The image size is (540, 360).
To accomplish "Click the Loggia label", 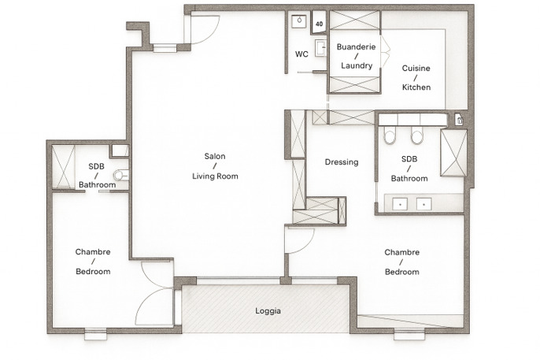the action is coord(268,310).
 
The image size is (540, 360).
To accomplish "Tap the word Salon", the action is coord(215,156).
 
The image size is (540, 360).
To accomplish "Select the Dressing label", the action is coord(342,162).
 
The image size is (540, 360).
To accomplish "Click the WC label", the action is coord(301,54).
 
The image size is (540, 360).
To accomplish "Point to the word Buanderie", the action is coord(356,46).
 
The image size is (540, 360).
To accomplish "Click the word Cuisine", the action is coord(416,69).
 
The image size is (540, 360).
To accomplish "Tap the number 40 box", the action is coord(319,23).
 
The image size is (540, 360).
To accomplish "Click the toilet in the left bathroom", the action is coord(121,175).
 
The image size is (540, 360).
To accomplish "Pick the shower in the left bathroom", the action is coord(63,166).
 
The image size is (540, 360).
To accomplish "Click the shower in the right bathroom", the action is coord(453,153).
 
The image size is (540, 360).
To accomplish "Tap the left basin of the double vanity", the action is coord(400,204).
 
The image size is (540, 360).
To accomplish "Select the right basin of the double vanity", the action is coord(424,204).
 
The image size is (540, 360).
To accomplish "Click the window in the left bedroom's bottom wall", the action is coord(96,334).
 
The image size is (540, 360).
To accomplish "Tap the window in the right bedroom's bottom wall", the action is coord(409,334).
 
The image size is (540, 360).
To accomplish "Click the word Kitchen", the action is coord(416,87).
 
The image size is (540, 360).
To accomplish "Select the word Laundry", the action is coord(357,65).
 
